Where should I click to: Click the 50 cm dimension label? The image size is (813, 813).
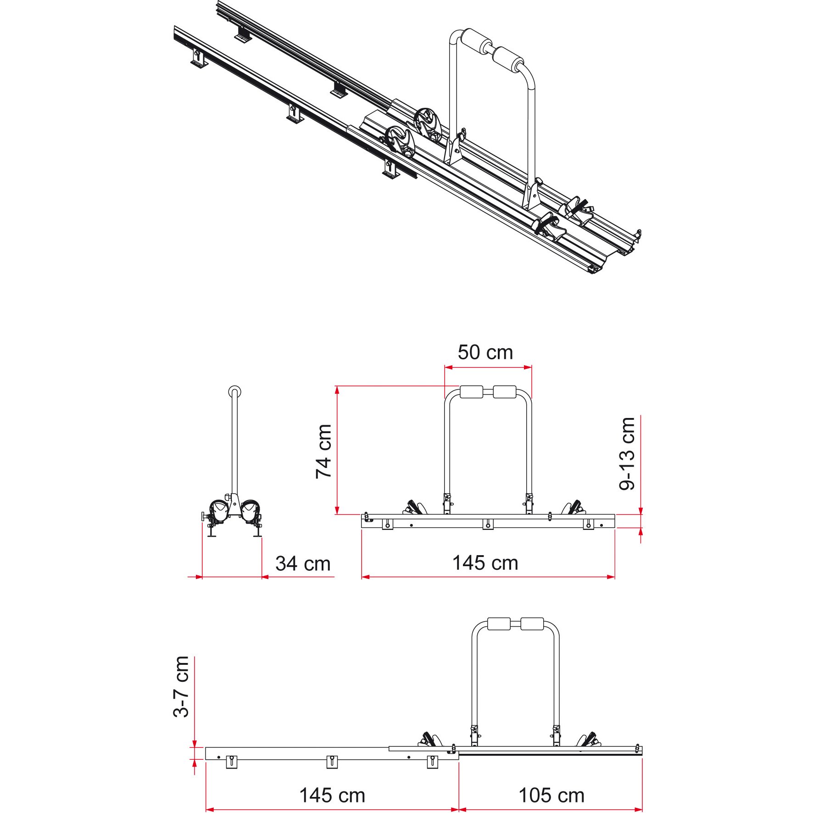(485, 352)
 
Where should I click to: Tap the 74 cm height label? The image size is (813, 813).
(324, 451)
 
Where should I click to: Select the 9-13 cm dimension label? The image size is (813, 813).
(627, 453)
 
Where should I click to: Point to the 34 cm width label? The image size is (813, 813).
(303, 564)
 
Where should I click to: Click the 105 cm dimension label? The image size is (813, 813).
(551, 796)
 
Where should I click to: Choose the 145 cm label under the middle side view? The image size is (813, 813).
(485, 563)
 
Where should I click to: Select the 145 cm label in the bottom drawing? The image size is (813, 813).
(332, 796)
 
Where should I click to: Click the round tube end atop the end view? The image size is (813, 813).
(234, 392)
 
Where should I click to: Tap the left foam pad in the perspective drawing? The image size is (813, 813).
(477, 42)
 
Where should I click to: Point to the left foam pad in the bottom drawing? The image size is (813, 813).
(499, 624)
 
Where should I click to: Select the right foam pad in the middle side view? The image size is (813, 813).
(505, 392)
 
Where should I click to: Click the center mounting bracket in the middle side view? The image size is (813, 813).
(488, 524)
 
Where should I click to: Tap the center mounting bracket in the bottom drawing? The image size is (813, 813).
(332, 762)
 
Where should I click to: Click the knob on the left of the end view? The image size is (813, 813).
(203, 517)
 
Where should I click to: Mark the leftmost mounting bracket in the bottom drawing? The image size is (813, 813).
(232, 762)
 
